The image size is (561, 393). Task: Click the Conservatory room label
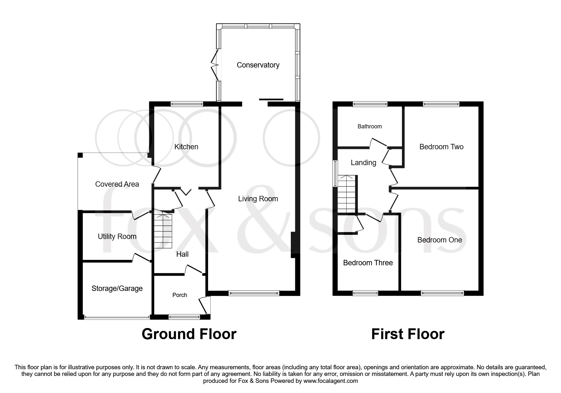pyautogui.click(x=258, y=65)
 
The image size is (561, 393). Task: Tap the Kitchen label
pyautogui.click(x=186, y=147)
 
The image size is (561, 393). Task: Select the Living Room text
pyautogui.click(x=258, y=199)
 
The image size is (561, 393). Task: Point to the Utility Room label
pyautogui.click(x=117, y=236)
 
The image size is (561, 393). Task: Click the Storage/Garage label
pyautogui.click(x=117, y=288)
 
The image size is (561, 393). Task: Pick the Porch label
pyautogui.click(x=180, y=295)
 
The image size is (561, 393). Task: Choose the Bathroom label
pyautogui.click(x=369, y=126)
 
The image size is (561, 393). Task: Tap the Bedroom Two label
pyautogui.click(x=441, y=147)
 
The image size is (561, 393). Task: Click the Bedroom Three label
pyautogui.click(x=368, y=263)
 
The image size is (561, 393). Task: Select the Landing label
pyautogui.click(x=363, y=163)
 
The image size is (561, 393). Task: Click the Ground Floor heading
pyautogui.click(x=189, y=334)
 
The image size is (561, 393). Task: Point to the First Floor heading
pyautogui.click(x=408, y=334)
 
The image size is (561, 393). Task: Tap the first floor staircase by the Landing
pyautogui.click(x=347, y=194)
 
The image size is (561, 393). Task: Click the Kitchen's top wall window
pyautogui.click(x=187, y=104)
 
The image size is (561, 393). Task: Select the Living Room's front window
pyautogui.click(x=254, y=293)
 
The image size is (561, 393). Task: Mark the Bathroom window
pyautogui.click(x=370, y=104)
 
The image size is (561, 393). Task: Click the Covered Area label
pyautogui.click(x=117, y=184)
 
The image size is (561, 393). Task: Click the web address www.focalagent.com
pyautogui.click(x=330, y=381)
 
